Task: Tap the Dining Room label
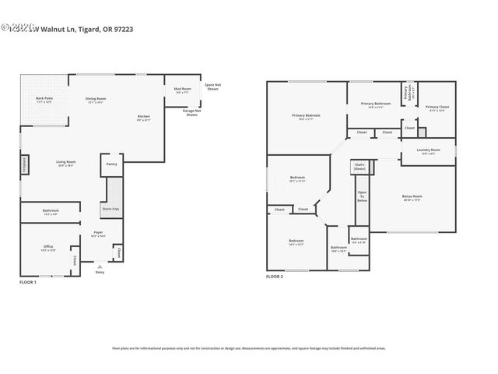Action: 96,100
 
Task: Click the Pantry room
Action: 111,164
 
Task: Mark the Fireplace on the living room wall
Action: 24,164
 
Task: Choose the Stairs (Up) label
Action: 111,209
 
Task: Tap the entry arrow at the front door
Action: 99,266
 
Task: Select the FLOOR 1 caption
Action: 28,281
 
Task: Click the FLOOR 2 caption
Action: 275,277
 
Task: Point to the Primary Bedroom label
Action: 306,117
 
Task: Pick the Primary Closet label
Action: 437,108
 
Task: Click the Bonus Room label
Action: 412,197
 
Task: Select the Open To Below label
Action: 362,196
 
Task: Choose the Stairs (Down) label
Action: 360,166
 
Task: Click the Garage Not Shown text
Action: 191,113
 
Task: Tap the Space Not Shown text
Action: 212,86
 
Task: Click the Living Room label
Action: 65,164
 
